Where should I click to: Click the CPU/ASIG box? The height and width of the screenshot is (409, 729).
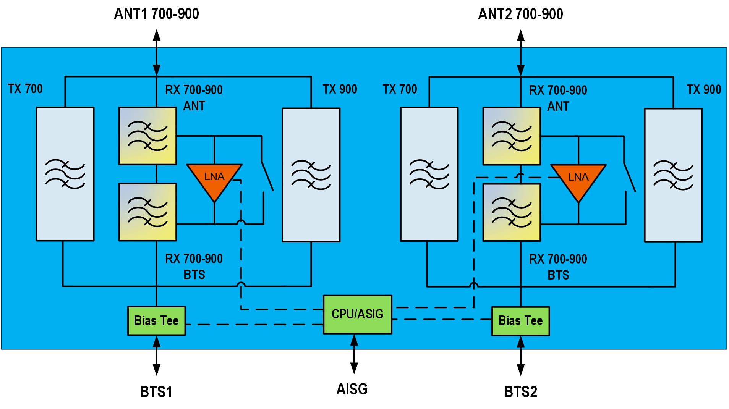pyautogui.click(x=357, y=314)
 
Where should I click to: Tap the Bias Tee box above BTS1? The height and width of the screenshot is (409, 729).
pyautogui.click(x=156, y=321)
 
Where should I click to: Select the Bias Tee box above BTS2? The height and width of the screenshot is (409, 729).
pyautogui.click(x=520, y=321)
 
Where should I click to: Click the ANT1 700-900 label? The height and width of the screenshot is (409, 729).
pyautogui.click(x=156, y=14)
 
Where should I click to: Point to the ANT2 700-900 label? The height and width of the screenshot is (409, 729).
pyautogui.click(x=520, y=14)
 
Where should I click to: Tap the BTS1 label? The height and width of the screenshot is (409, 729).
pyautogui.click(x=156, y=392)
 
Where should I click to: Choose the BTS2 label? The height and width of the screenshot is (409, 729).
pyautogui.click(x=520, y=392)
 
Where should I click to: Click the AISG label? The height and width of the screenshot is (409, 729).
pyautogui.click(x=352, y=389)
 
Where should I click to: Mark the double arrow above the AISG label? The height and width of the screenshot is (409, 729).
pyautogui.click(x=354, y=354)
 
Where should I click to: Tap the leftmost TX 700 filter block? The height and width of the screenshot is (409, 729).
pyautogui.click(x=65, y=174)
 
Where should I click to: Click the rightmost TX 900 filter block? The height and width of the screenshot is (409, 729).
pyautogui.click(x=673, y=175)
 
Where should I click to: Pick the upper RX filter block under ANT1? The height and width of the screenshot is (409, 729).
pyautogui.click(x=147, y=136)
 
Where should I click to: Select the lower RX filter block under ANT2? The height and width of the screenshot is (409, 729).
pyautogui.click(x=512, y=213)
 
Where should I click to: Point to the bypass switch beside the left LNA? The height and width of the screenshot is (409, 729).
pyautogui.click(x=267, y=176)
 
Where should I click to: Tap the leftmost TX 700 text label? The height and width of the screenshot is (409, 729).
pyautogui.click(x=25, y=89)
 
